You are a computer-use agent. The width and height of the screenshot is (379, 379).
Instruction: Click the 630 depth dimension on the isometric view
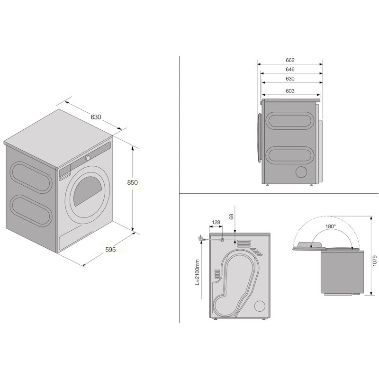click(x=96, y=117)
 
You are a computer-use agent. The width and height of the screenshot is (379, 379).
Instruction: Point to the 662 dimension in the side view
click(x=290, y=60)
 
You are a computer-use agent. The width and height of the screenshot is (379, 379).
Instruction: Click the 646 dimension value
click(x=290, y=69)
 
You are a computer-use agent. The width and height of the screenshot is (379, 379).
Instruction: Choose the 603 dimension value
click(x=290, y=91)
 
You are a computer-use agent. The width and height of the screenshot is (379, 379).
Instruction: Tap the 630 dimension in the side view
click(x=290, y=79)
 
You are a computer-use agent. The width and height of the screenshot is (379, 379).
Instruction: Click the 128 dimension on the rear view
click(x=216, y=223)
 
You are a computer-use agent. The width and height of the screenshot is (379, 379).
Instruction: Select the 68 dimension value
click(x=231, y=217)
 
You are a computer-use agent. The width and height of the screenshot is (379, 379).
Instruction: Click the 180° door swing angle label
click(x=331, y=226)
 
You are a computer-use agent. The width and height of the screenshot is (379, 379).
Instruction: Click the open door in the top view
click(x=309, y=245)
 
